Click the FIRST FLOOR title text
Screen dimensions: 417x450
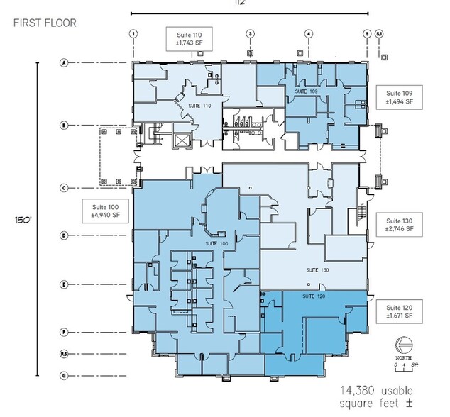(x=45, y=23)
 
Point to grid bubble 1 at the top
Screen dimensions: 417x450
(x=133, y=33)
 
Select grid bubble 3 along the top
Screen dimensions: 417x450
(x=250, y=33)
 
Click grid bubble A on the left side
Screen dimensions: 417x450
(x=63, y=63)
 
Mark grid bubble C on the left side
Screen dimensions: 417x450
(x=63, y=188)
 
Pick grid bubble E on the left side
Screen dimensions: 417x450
(x=63, y=284)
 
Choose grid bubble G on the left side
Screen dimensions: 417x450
(x=63, y=375)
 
